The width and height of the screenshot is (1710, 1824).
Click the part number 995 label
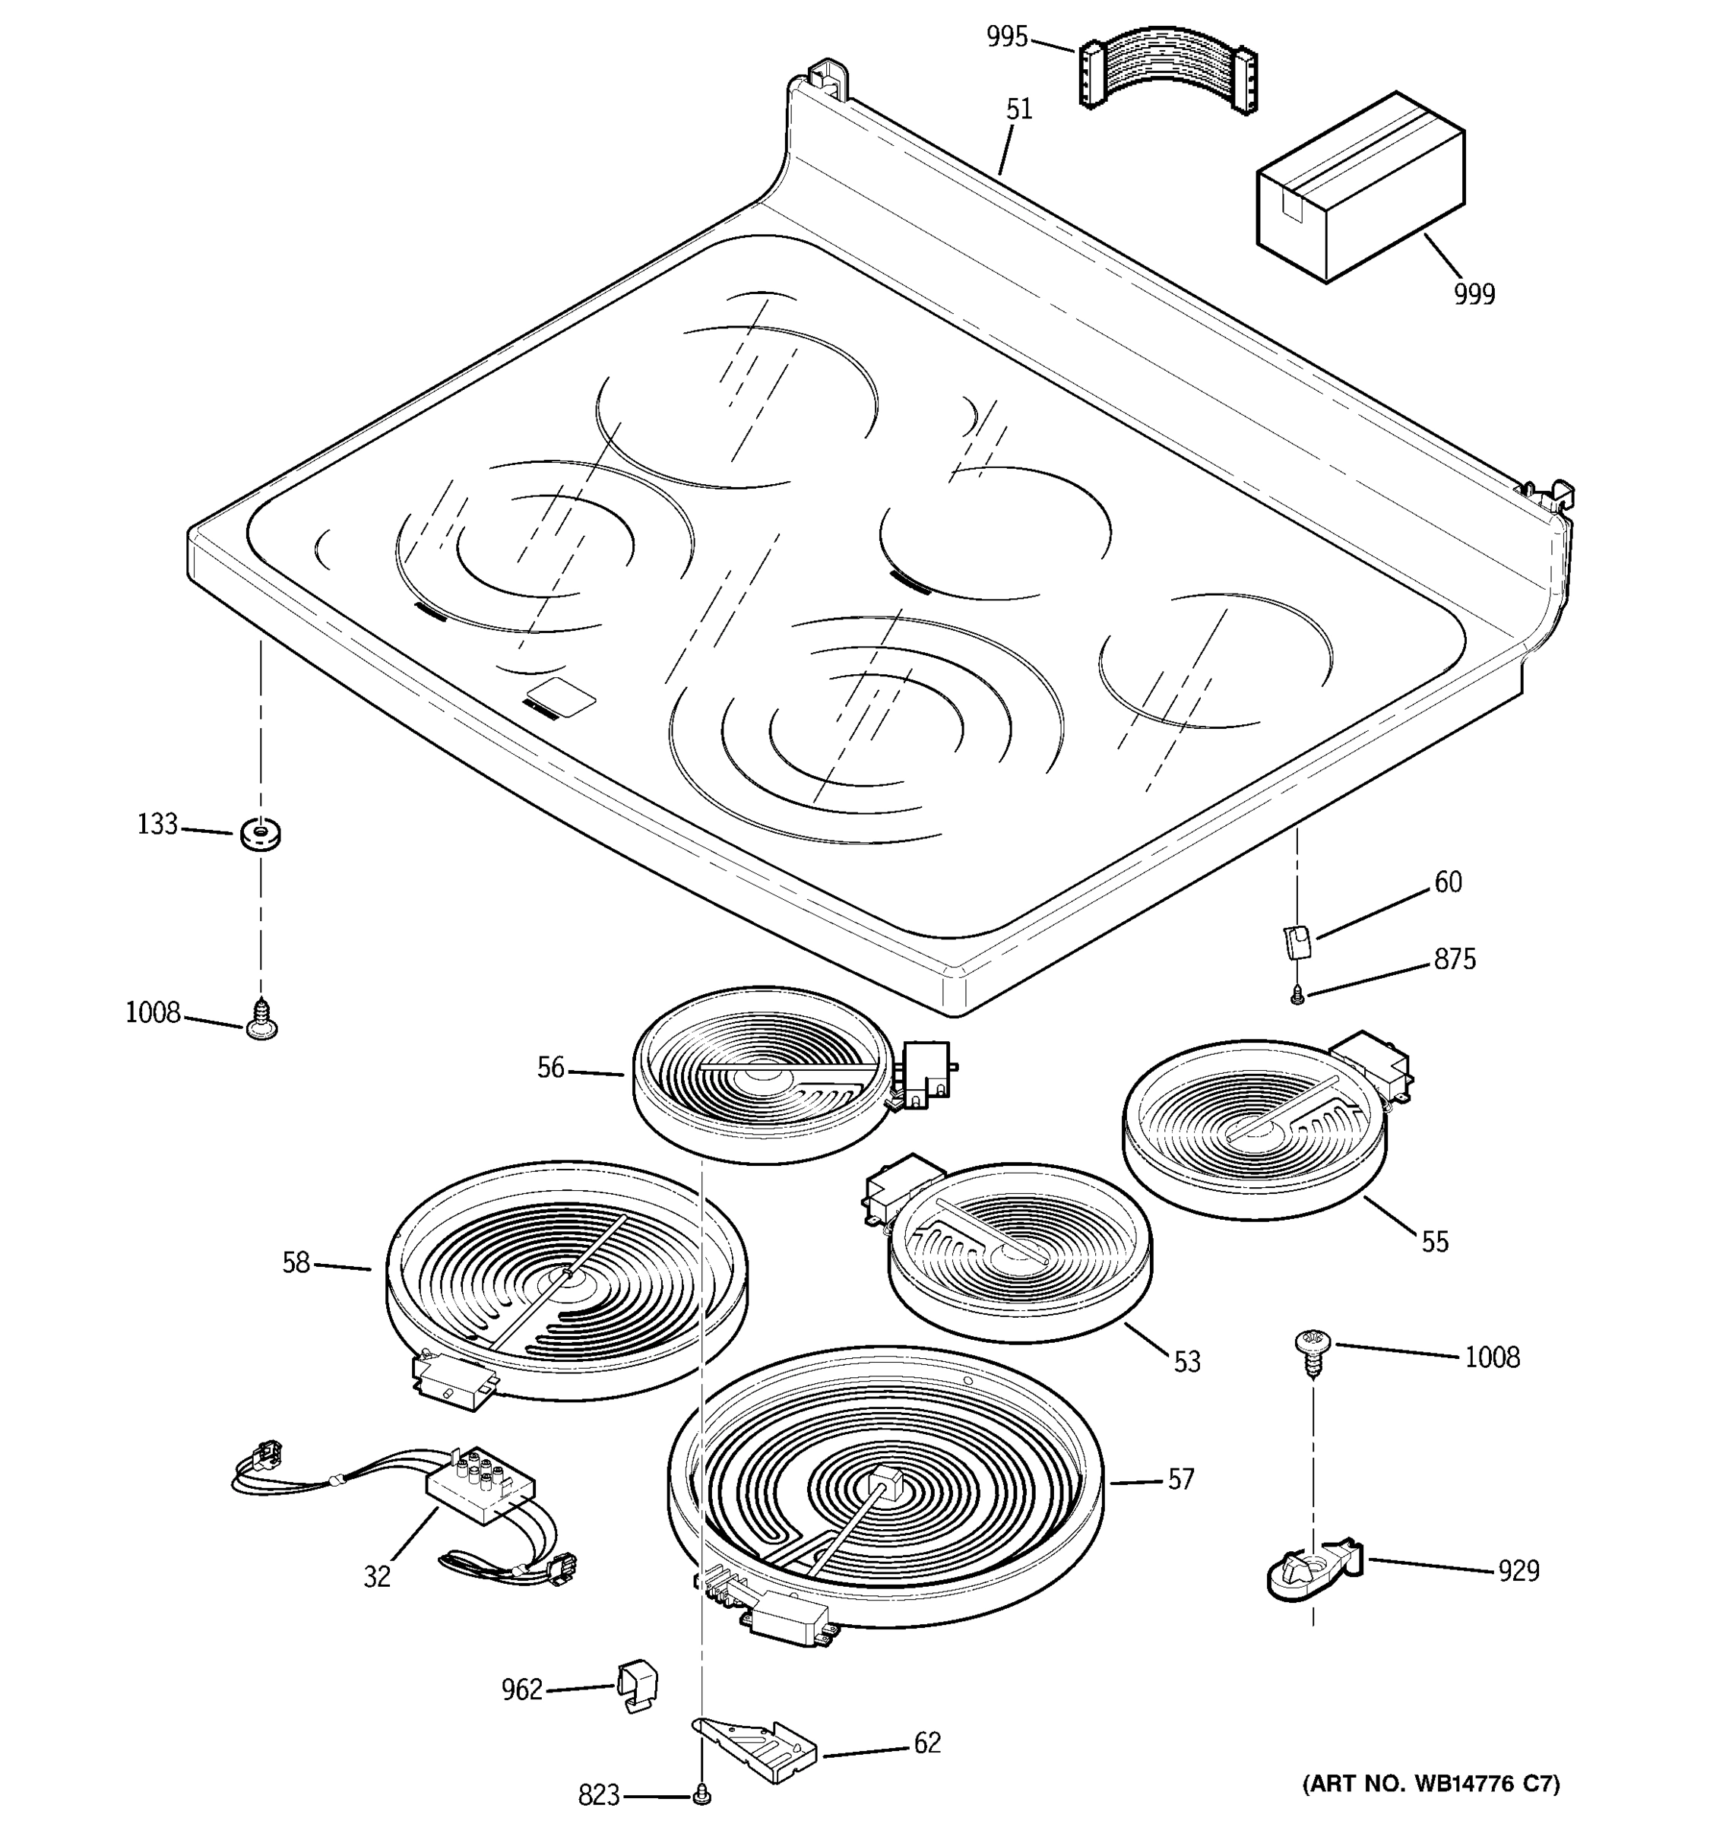tap(1006, 37)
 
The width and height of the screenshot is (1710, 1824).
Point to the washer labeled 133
tap(260, 834)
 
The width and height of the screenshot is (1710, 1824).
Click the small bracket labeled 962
tap(638, 1684)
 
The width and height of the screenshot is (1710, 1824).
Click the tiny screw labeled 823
tap(703, 1793)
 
